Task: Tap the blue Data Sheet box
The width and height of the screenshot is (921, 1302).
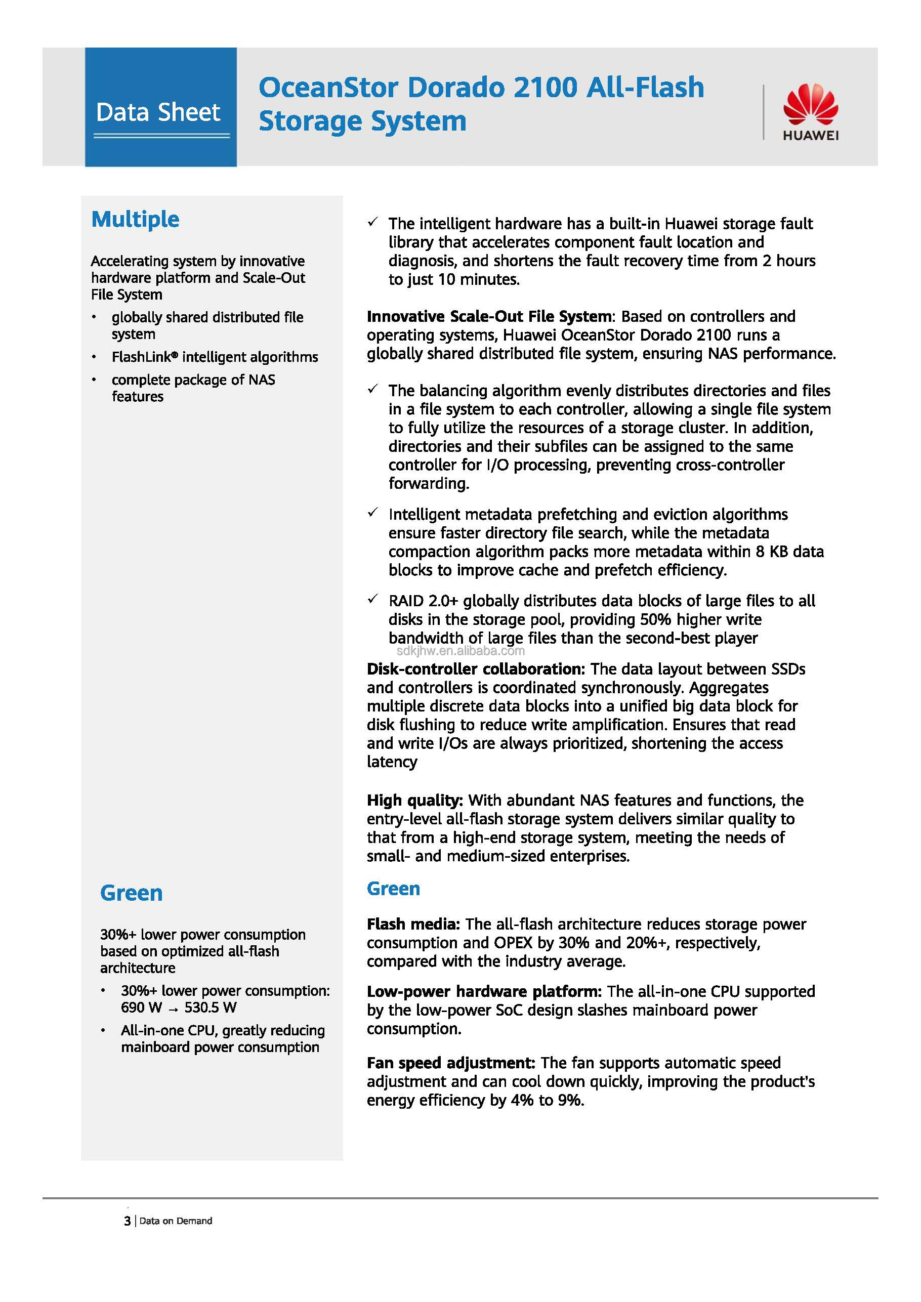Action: pyautogui.click(x=160, y=107)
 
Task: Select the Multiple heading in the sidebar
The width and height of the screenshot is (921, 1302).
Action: pyautogui.click(x=135, y=220)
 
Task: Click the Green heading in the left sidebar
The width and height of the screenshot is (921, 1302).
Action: pyautogui.click(x=131, y=893)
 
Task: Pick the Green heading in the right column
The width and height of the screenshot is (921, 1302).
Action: pyautogui.click(x=393, y=889)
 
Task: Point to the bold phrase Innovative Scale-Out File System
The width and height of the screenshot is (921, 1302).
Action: pyautogui.click(x=489, y=316)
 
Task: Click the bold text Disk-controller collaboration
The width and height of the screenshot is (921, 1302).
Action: pyautogui.click(x=475, y=669)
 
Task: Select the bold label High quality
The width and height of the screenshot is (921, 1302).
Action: pyautogui.click(x=414, y=800)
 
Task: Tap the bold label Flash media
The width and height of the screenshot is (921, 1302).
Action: pyautogui.click(x=412, y=924)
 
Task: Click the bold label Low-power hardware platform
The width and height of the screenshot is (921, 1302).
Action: pyautogui.click(x=484, y=991)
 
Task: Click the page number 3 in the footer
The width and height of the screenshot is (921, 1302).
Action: pyautogui.click(x=127, y=1221)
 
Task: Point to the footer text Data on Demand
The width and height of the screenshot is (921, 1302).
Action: pyautogui.click(x=176, y=1221)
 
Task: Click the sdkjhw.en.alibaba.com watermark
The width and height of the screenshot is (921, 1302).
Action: pyautogui.click(x=460, y=651)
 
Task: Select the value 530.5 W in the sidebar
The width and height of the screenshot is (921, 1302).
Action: pyautogui.click(x=211, y=1007)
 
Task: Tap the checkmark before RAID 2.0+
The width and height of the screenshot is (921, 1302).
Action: pyautogui.click(x=372, y=600)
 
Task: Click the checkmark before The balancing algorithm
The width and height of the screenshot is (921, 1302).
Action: pyautogui.click(x=372, y=389)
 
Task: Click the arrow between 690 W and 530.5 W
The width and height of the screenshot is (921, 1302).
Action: pyautogui.click(x=173, y=1009)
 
